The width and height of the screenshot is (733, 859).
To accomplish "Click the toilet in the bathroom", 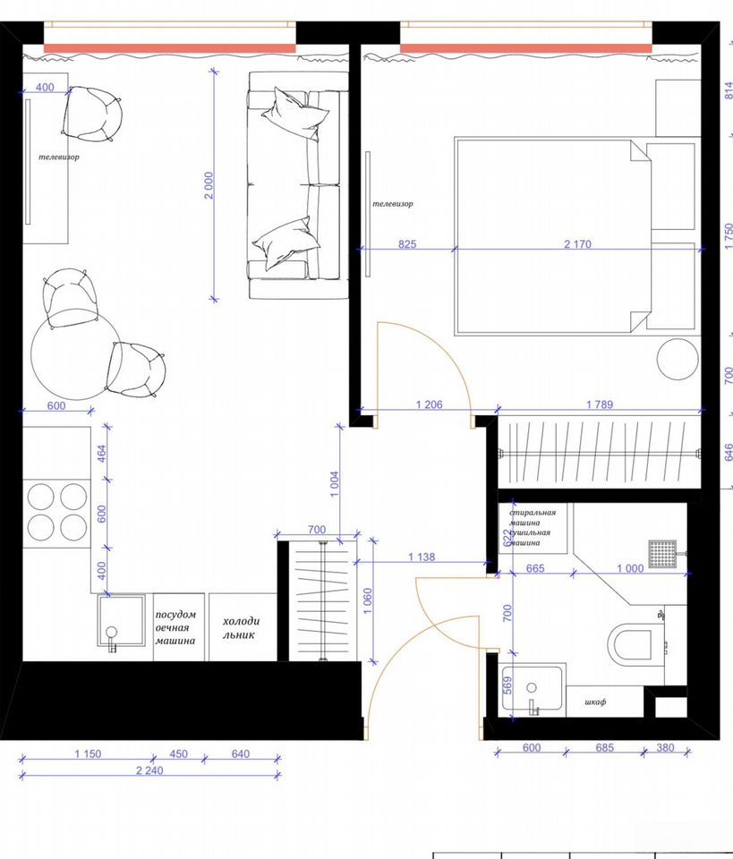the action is [636, 642].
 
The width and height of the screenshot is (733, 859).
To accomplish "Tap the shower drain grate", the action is [662, 554].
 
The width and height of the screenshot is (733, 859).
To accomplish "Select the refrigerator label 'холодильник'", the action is [241, 628].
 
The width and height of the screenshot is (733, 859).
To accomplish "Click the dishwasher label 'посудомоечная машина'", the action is [175, 627].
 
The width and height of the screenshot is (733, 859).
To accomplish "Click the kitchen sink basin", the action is [121, 621].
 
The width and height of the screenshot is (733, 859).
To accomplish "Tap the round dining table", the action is [75, 354].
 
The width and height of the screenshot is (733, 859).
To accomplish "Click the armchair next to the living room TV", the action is [92, 114].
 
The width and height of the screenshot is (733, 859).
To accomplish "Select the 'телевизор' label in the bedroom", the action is [393, 204].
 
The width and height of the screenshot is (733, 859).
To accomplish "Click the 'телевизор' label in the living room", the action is [58, 157].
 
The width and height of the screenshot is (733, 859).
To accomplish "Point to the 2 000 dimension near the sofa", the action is [209, 185].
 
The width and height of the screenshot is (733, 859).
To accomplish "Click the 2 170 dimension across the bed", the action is [577, 243].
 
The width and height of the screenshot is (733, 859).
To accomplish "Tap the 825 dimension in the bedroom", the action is [407, 243].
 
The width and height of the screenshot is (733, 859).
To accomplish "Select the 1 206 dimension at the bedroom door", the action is [429, 404].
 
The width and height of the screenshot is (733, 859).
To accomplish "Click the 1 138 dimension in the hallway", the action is [422, 557].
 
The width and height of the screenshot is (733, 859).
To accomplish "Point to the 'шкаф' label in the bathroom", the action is [595, 702].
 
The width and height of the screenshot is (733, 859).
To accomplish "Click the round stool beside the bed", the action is [678, 359].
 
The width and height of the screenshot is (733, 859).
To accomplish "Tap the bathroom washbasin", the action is [532, 690].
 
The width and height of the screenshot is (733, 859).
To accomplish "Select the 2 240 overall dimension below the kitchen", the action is [149, 770].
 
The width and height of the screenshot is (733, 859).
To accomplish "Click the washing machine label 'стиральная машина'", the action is [533, 518].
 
